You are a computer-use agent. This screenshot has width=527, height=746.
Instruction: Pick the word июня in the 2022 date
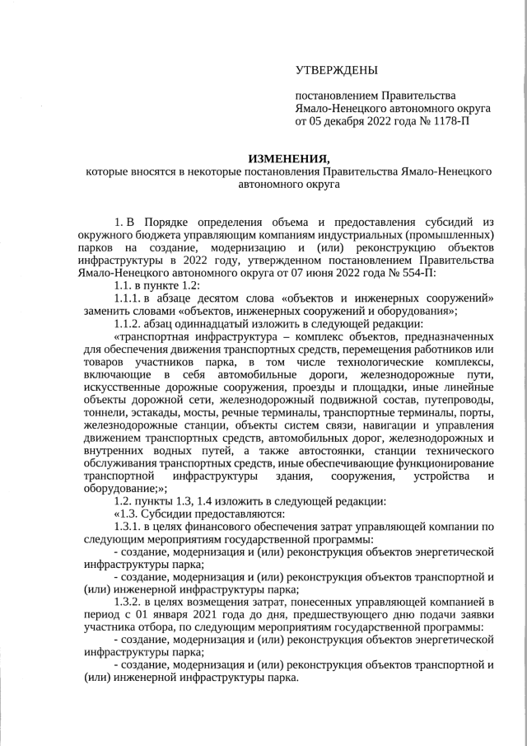[x=315, y=273]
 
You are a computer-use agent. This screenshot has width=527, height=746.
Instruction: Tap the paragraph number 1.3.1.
[x=128, y=526]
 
